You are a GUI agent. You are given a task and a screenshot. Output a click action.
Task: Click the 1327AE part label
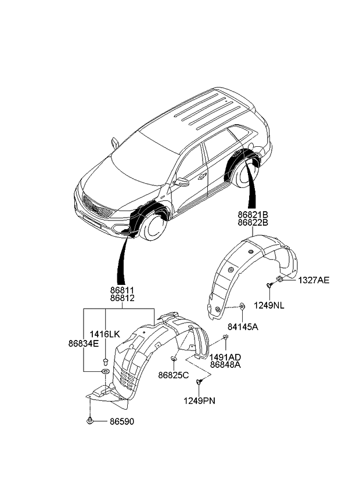point(314,280)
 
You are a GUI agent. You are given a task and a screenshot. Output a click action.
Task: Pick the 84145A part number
point(243,327)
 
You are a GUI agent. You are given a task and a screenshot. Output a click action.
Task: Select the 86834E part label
point(84,343)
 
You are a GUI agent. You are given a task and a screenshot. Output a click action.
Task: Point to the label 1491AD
point(226,357)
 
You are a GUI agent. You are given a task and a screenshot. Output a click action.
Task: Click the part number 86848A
point(226,365)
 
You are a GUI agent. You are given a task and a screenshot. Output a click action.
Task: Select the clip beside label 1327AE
point(280,280)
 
